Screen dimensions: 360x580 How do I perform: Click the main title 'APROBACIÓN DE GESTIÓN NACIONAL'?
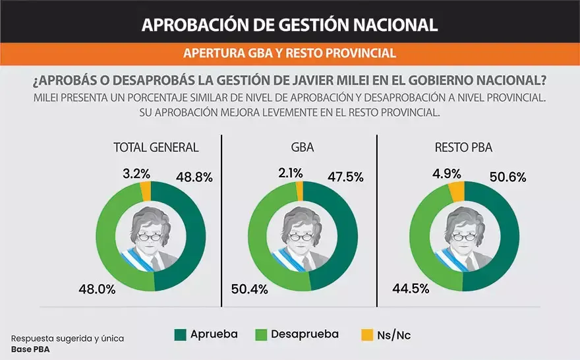289,24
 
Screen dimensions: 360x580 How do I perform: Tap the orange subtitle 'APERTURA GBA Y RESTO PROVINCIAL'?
289,53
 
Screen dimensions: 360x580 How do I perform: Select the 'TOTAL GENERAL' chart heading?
156,147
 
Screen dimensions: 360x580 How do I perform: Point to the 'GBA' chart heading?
302,147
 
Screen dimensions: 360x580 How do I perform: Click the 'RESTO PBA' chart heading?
463,147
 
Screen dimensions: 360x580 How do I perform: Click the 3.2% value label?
136,173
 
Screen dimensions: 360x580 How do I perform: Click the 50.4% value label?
250,289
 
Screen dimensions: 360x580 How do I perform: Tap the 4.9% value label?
446,173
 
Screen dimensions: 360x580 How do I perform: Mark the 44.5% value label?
411,289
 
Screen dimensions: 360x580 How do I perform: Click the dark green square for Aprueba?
179,335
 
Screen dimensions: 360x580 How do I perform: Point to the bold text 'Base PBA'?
30,349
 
